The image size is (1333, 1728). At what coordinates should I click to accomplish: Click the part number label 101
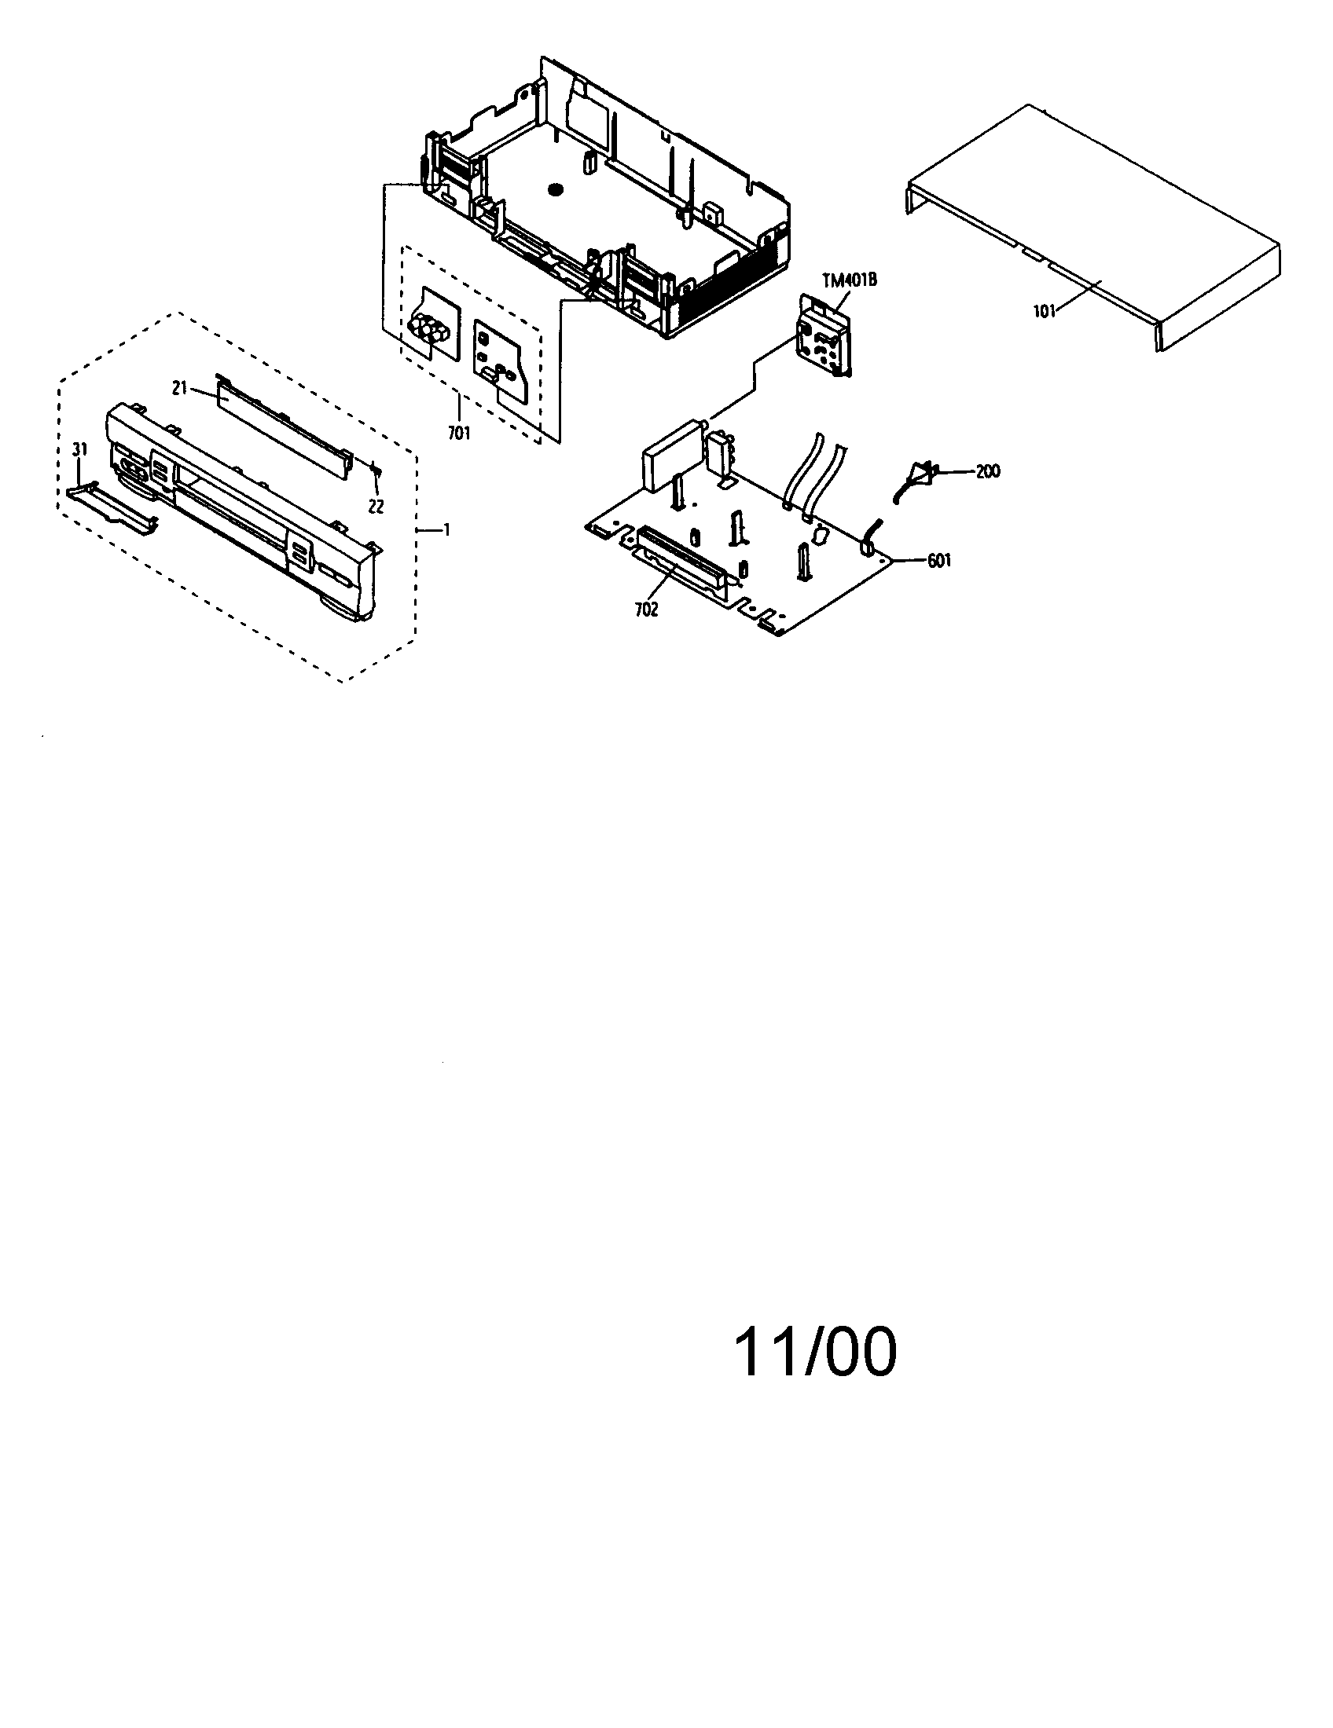click(1043, 311)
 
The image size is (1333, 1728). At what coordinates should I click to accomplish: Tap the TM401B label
click(850, 280)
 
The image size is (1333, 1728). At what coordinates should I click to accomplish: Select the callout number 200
click(987, 471)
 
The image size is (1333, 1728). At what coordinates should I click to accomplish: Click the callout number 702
click(646, 610)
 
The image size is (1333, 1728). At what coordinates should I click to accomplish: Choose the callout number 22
click(376, 507)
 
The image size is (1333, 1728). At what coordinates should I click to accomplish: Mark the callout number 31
click(79, 449)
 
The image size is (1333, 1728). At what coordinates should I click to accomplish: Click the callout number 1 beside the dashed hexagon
click(446, 529)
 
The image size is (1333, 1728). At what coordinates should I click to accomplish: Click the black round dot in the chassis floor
click(554, 190)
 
